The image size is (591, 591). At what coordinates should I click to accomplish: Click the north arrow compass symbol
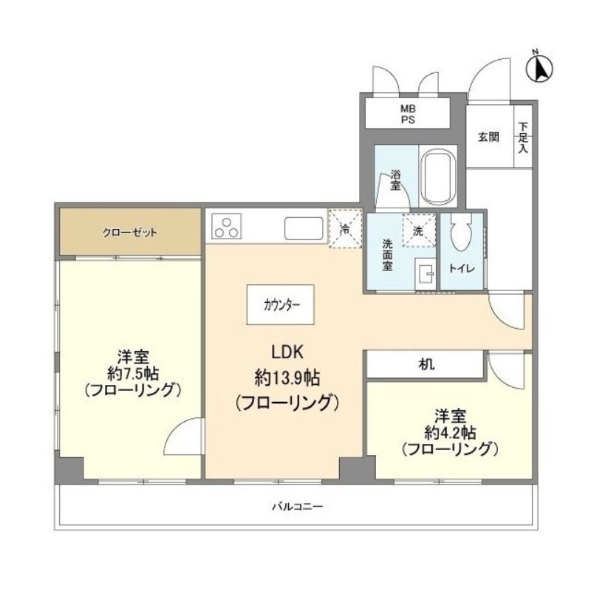(540, 69)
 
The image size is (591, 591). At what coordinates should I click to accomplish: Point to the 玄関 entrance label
(488, 137)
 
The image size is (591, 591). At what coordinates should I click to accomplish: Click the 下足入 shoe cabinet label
(522, 137)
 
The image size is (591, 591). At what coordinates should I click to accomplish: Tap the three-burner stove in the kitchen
(227, 226)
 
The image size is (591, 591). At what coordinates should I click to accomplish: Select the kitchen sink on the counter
(303, 228)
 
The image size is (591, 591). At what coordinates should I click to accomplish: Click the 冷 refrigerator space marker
(344, 229)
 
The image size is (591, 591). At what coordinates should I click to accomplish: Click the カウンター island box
(281, 304)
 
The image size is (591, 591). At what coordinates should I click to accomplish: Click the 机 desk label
(427, 364)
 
